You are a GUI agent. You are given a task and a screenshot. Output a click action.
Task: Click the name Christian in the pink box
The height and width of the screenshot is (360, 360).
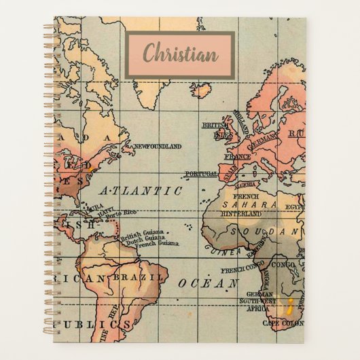point(179,52)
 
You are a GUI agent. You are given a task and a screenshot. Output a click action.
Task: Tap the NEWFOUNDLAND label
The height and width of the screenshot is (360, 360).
point(158,146)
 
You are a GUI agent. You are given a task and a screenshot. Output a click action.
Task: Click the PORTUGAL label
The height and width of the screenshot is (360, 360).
point(200,173)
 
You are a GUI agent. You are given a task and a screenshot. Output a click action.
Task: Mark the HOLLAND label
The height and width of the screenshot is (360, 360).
point(244,117)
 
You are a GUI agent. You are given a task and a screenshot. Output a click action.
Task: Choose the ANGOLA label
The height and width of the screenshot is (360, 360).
point(266,278)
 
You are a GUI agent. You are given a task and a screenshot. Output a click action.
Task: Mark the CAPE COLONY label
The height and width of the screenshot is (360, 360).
point(280,323)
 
